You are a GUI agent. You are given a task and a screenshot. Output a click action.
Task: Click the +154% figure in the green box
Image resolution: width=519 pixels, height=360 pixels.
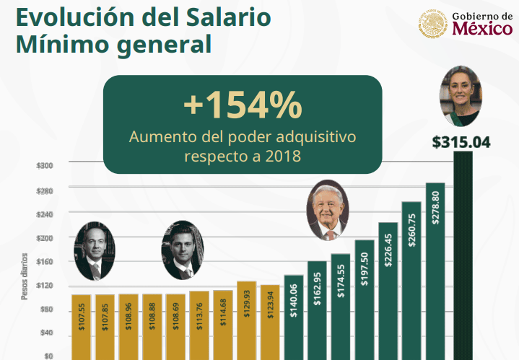tap(242, 106)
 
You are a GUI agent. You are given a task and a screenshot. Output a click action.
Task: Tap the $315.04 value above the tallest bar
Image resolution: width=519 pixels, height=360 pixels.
tap(461, 142)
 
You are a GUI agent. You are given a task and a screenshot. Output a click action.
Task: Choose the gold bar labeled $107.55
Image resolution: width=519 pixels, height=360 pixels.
tap(81, 326)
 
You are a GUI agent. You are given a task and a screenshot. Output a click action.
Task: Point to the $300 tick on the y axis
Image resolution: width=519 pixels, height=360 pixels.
tap(45, 166)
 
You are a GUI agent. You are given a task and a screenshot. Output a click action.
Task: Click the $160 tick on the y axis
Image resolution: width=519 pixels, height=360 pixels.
tap(45, 262)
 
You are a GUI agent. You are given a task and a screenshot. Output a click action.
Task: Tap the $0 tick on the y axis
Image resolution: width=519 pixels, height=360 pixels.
tap(48, 356)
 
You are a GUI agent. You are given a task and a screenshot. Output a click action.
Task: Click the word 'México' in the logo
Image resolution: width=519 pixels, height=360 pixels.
tap(483, 30)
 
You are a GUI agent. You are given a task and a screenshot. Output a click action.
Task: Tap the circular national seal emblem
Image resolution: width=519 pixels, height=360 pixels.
tap(432, 24)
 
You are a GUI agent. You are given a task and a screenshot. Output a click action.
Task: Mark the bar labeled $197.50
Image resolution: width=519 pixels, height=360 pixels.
tap(365, 299)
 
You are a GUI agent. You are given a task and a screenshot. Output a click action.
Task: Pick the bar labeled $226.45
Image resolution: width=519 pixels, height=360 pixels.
tap(388, 289)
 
